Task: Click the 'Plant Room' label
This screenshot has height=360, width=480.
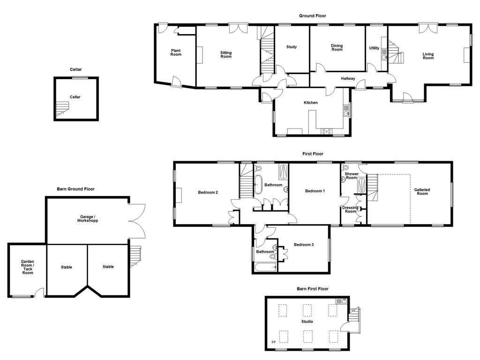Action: pos(176,52)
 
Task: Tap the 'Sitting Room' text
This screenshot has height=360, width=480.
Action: pos(226,54)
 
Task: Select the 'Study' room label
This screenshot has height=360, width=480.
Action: pos(292,47)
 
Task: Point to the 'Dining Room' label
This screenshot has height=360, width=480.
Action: pos(337,47)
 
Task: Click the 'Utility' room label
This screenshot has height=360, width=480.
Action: pos(374,48)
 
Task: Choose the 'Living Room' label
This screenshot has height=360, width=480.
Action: pos(428,56)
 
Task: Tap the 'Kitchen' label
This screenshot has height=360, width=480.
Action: pos(311,103)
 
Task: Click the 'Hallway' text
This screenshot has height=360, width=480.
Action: pos(348,79)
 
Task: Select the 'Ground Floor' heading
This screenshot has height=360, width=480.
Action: pos(313,16)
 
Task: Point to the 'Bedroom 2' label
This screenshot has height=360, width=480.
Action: pos(208,192)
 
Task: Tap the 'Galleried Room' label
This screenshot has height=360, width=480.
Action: pos(422,192)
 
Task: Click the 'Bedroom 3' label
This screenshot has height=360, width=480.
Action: pos(304,245)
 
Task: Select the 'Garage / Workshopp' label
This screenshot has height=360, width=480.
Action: pos(88,218)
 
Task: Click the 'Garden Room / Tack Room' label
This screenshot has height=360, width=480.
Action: pos(28,267)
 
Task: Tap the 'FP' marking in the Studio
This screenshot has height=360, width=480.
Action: pos(274,342)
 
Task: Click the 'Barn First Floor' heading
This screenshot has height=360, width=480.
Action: pos(313,289)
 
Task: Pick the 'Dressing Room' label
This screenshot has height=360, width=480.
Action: pos(350,210)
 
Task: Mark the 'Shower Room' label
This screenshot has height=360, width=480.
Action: pos(352,176)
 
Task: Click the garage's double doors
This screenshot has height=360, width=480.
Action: pos(136,220)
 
